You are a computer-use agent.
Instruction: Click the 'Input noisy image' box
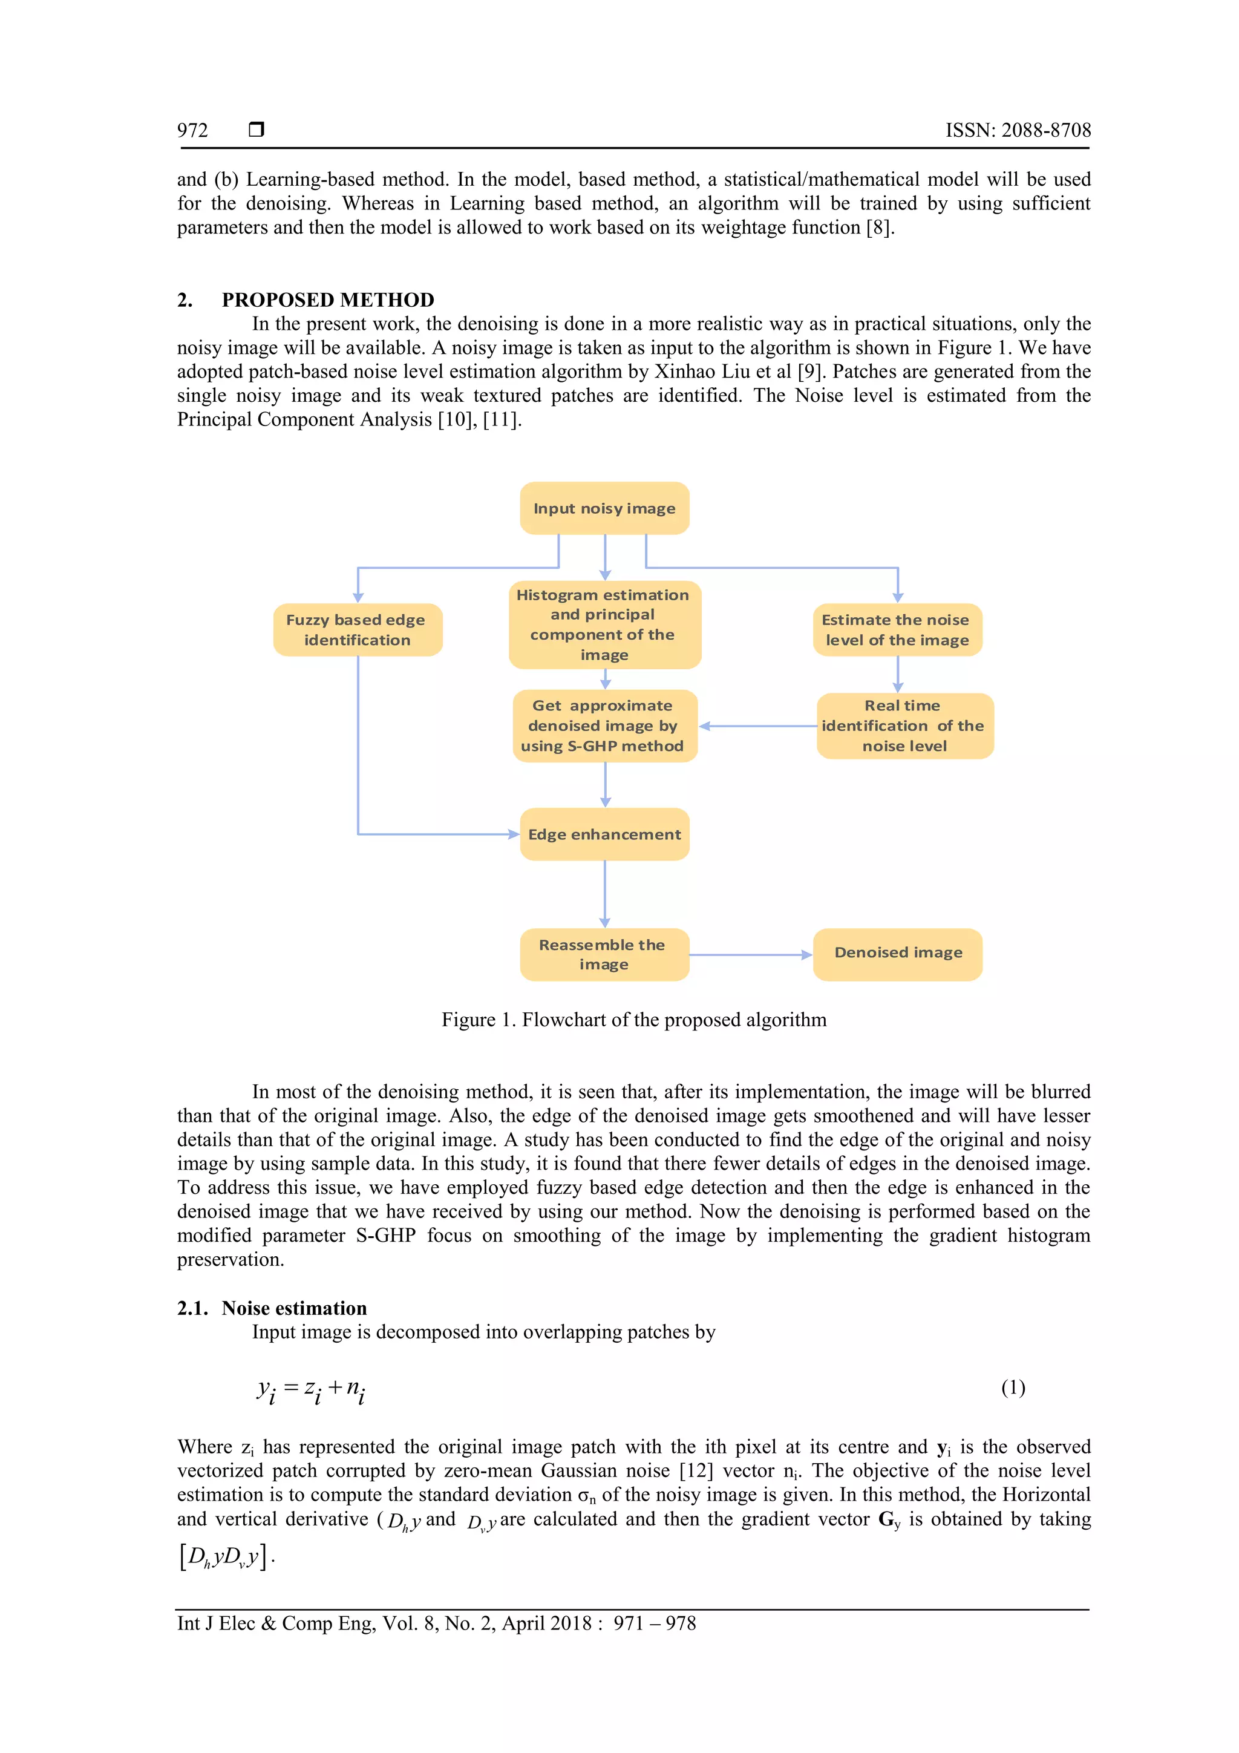(x=604, y=508)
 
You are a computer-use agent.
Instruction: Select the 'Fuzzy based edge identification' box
(x=358, y=630)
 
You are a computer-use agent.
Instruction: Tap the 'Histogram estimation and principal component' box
(x=604, y=624)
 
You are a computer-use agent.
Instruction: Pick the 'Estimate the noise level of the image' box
(x=897, y=630)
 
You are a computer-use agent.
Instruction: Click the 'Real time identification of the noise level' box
(x=904, y=726)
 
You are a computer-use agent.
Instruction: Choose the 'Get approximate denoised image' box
(x=604, y=726)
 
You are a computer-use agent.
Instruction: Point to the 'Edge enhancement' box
(x=604, y=834)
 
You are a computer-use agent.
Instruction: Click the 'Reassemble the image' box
(x=604, y=954)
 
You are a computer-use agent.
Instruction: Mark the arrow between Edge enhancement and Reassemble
(x=604, y=893)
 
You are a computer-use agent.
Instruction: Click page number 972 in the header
(x=192, y=131)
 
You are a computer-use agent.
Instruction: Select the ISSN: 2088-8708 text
(x=1018, y=131)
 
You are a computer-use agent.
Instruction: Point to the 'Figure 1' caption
(x=633, y=1020)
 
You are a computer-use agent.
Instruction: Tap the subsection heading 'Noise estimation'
(x=294, y=1308)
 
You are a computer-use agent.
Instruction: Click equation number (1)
(x=1012, y=1388)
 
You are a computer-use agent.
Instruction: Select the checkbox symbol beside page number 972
(x=257, y=129)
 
